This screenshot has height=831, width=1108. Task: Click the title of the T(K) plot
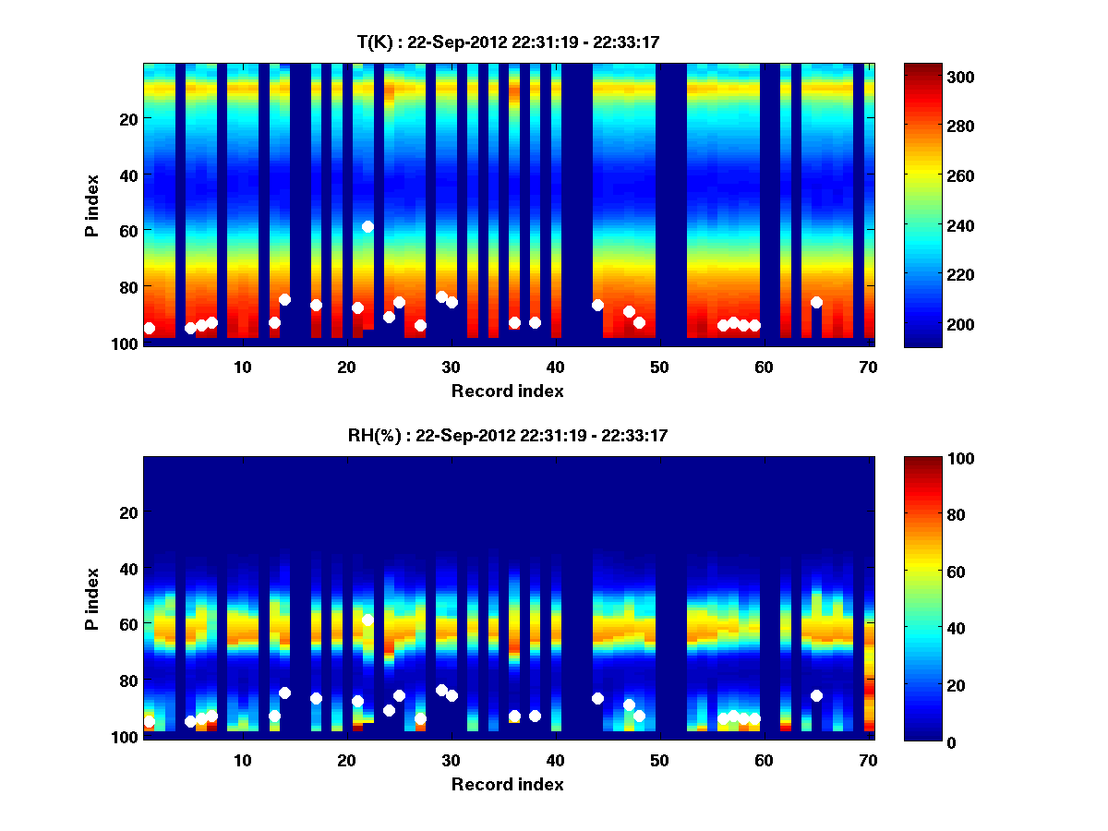(508, 42)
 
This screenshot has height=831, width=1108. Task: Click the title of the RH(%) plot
(508, 435)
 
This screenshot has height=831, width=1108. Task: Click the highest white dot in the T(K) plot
(367, 226)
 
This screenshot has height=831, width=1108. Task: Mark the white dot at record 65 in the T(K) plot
(816, 302)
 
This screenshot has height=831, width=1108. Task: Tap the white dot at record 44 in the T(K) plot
(597, 305)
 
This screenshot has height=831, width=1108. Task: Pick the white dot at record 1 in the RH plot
(149, 721)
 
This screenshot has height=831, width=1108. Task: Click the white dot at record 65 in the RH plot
(816, 695)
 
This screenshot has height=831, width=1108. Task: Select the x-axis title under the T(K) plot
(508, 391)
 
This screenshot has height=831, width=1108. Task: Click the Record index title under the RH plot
(508, 784)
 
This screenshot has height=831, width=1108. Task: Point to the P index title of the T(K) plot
(93, 204)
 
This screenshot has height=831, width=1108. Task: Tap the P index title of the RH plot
(93, 597)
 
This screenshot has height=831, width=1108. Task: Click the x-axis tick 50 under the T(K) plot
(659, 367)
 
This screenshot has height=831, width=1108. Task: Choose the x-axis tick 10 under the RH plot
(242, 760)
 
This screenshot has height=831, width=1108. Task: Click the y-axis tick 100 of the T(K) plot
(126, 344)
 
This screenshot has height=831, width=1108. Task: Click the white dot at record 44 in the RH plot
(597, 698)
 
